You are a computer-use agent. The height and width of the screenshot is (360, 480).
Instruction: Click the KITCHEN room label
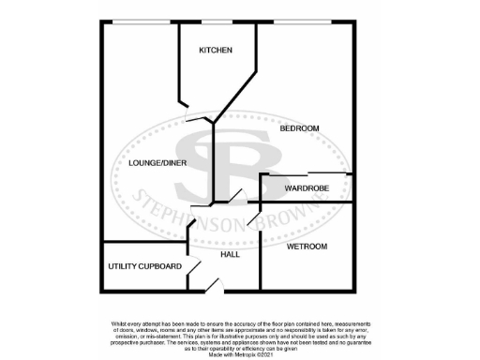[x=215, y=50]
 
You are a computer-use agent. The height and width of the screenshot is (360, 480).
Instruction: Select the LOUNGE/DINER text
[x=151, y=162]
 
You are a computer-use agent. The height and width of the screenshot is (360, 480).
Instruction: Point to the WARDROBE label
[x=306, y=188]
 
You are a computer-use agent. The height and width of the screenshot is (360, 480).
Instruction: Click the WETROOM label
[x=307, y=247]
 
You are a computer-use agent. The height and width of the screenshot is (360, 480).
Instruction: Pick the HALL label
[x=230, y=254]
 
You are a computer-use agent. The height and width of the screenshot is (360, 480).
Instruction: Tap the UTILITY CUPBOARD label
[x=144, y=266]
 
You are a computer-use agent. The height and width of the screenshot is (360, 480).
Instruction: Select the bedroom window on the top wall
[x=304, y=20]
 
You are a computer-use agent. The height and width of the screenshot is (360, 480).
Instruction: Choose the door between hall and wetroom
[x=254, y=218]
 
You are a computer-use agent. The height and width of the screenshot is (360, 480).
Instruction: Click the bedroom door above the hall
[x=234, y=197]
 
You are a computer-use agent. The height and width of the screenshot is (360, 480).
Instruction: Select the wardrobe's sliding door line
[x=306, y=173]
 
